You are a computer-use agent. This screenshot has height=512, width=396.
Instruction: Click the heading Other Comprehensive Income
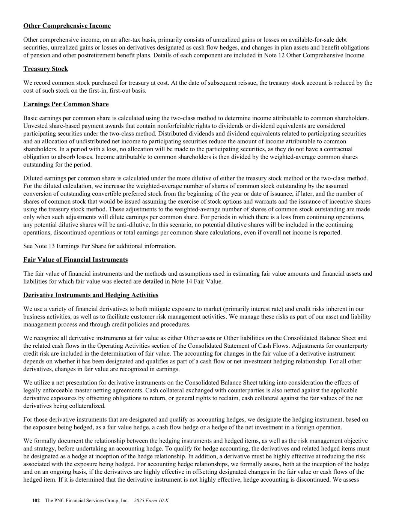(x=67, y=26)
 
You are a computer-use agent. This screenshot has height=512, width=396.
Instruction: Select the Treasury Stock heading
(x=45, y=69)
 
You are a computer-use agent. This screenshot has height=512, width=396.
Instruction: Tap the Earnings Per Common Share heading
(x=66, y=104)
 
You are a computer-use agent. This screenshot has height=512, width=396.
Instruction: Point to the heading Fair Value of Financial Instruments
(x=75, y=260)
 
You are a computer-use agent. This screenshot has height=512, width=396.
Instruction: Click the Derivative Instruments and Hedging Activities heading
(x=90, y=295)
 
